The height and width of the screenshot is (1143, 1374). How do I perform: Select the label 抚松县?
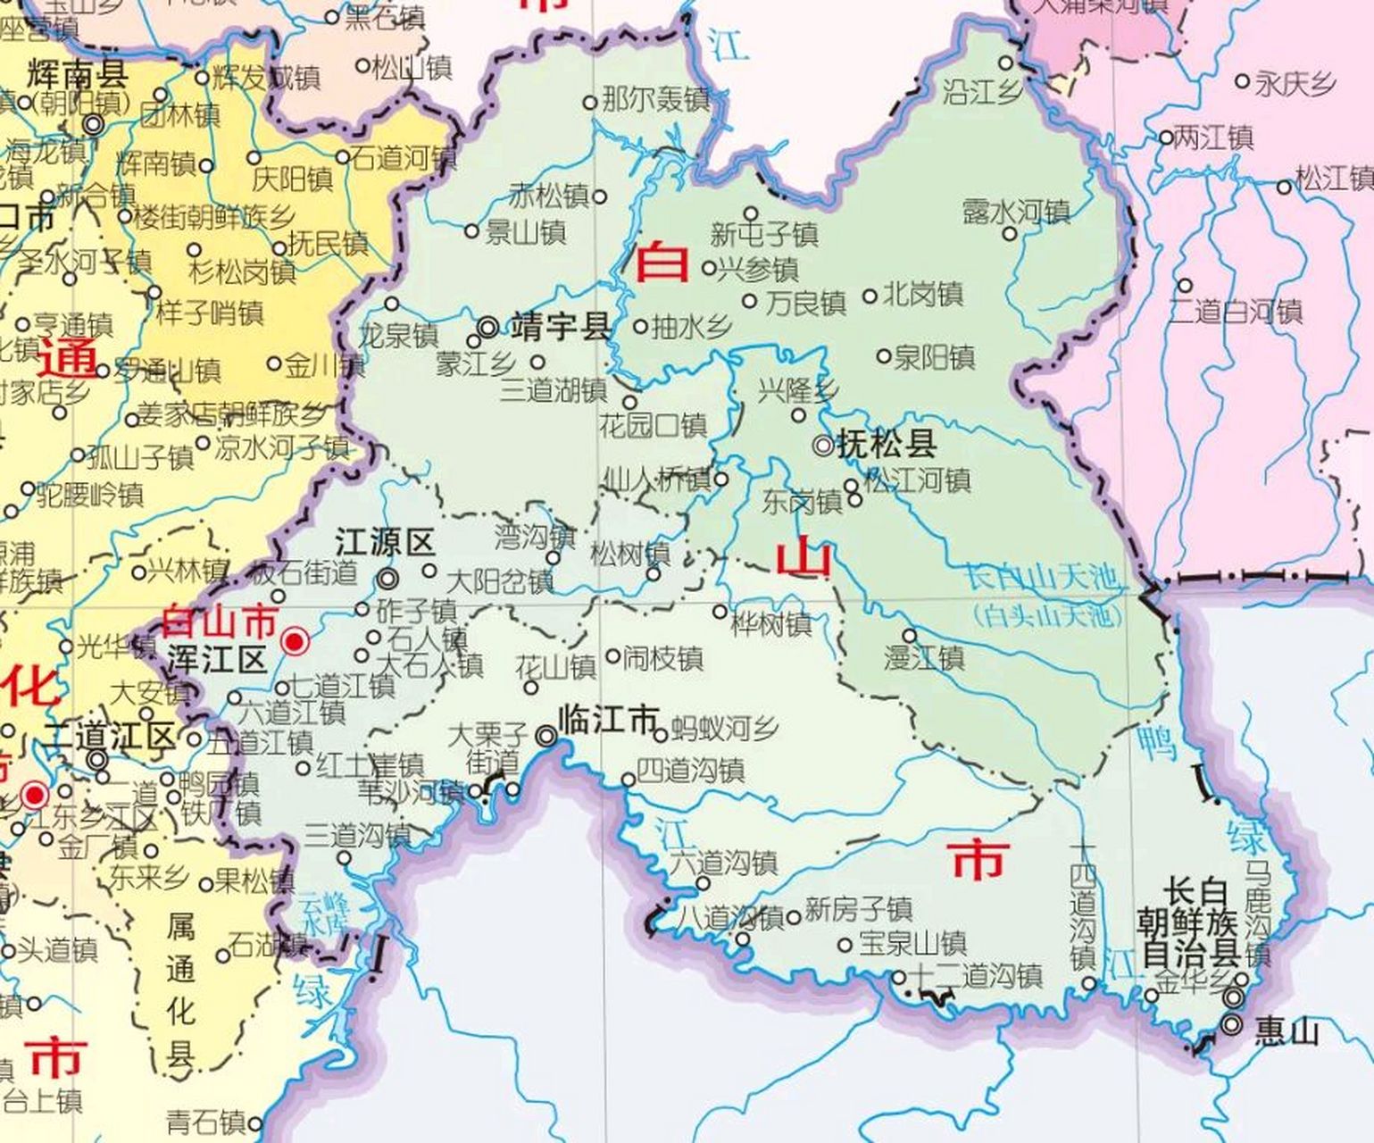(887, 444)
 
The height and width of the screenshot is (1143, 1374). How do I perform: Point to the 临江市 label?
(608, 720)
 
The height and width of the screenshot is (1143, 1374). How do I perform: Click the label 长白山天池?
(1041, 580)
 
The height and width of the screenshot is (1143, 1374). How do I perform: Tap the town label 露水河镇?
(1016, 212)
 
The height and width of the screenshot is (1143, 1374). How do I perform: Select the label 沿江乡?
(982, 90)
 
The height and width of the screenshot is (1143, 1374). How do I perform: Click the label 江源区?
(384, 542)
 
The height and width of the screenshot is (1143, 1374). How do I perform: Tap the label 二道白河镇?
(1237, 312)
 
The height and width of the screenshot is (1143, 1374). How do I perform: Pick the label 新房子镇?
(858, 910)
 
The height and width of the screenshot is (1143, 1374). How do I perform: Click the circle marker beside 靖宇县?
(487, 328)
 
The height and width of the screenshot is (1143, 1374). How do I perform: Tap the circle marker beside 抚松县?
(822, 444)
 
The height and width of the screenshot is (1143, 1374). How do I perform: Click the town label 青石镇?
(205, 1122)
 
